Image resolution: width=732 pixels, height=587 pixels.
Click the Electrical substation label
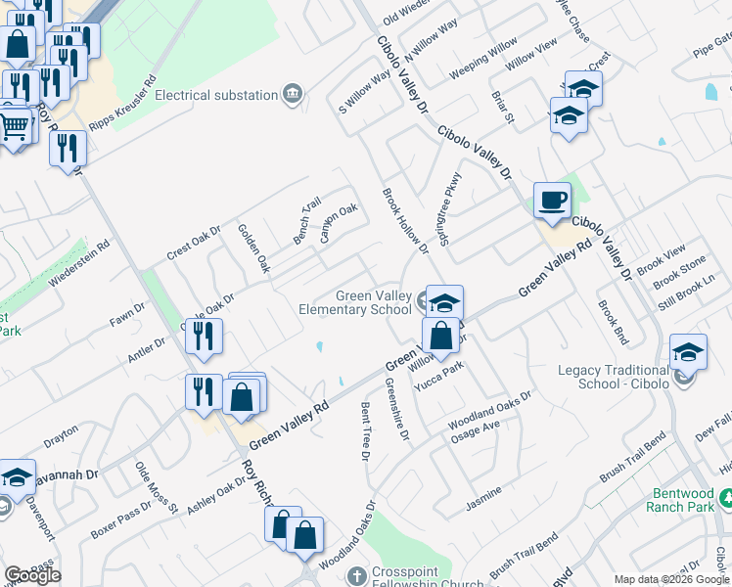(x=216, y=95)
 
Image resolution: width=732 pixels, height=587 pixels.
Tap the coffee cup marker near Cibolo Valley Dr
(x=552, y=201)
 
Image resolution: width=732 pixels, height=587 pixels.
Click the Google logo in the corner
(x=32, y=575)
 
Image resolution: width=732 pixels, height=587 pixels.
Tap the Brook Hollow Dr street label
(x=405, y=221)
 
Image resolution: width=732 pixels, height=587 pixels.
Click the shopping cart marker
(x=13, y=127)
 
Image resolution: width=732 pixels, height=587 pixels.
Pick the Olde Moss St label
(x=156, y=487)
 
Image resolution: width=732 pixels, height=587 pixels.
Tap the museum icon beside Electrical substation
(x=292, y=94)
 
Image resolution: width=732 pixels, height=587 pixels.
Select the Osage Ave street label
(x=475, y=431)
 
